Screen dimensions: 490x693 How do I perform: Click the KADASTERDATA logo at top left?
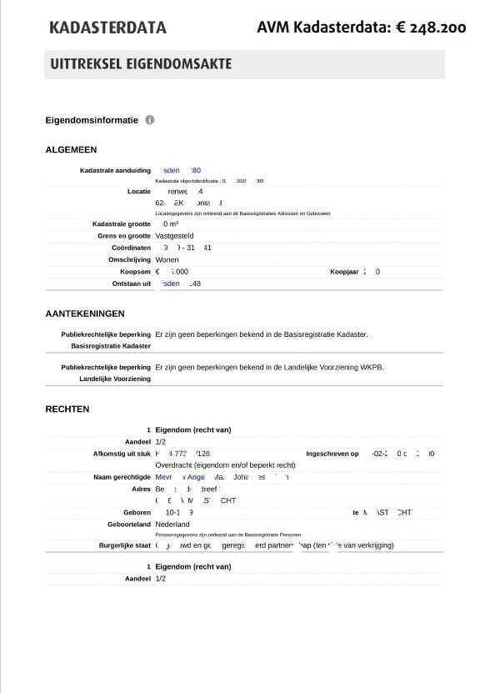click(x=107, y=28)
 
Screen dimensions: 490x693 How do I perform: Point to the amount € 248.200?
click(x=431, y=28)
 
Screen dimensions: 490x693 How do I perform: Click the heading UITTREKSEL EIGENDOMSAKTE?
click(x=141, y=64)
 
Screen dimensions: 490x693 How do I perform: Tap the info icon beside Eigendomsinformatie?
click(x=150, y=120)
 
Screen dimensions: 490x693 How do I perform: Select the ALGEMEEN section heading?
click(x=71, y=150)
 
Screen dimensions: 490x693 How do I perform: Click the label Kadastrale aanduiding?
click(x=115, y=171)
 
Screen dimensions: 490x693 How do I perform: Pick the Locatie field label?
click(x=138, y=192)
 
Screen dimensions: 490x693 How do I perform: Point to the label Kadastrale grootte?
click(x=122, y=224)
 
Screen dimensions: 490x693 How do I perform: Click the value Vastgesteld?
click(x=174, y=236)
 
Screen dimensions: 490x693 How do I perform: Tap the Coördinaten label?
click(x=131, y=249)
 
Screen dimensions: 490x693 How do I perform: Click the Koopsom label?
click(x=135, y=272)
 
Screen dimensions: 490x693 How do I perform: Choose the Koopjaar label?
click(x=343, y=272)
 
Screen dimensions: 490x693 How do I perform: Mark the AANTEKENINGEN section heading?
click(x=85, y=314)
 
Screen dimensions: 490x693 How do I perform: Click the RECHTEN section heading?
click(x=67, y=409)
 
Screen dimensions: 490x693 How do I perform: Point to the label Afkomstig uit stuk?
click(x=122, y=454)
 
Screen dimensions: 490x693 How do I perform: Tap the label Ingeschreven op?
click(x=332, y=454)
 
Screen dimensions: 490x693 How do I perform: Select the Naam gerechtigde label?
click(x=122, y=478)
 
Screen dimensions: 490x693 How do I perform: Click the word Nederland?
click(x=172, y=525)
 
